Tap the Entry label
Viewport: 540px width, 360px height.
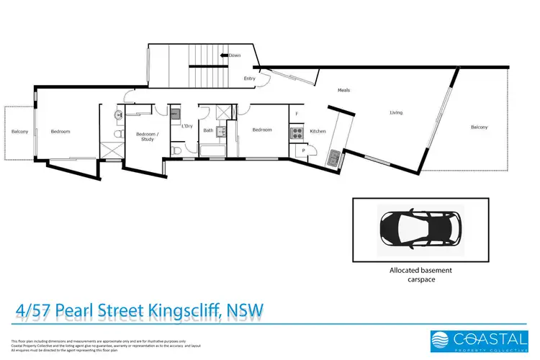pos(250,78)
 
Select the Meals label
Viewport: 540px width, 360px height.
pos(343,90)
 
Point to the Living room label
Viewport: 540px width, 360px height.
pos(396,112)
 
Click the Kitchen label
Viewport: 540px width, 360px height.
pos(318,131)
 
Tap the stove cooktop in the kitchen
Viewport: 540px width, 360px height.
pos(294,132)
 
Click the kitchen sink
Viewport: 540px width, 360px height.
pos(333,157)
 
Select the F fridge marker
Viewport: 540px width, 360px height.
pos(295,114)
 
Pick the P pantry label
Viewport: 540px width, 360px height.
pos(304,150)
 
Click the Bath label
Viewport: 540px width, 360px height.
pos(207,130)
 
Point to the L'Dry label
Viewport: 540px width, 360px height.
pos(186,127)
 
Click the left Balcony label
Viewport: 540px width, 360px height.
pos(19,131)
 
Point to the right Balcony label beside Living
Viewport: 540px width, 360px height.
pos(479,127)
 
